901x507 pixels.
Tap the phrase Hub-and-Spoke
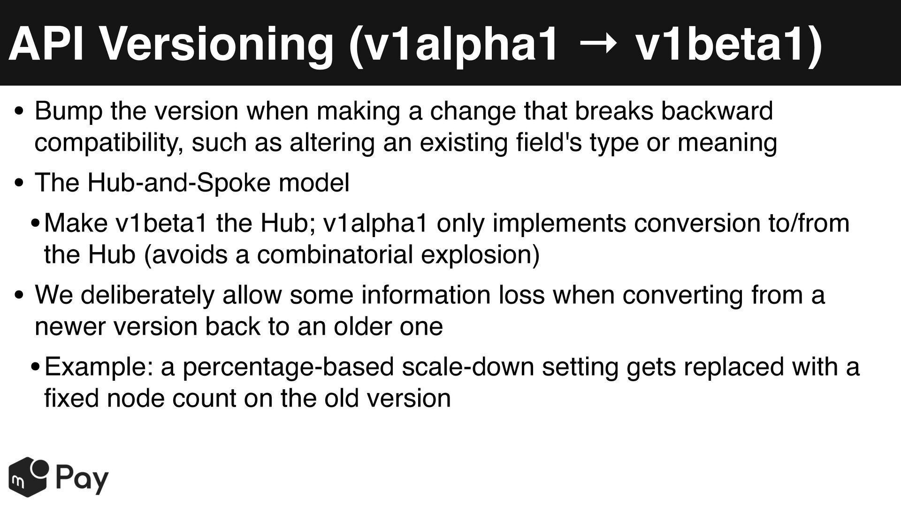(x=179, y=183)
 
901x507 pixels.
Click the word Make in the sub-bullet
(x=76, y=223)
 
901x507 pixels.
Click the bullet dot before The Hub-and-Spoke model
(x=19, y=184)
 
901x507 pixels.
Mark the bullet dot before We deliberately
(x=19, y=296)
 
